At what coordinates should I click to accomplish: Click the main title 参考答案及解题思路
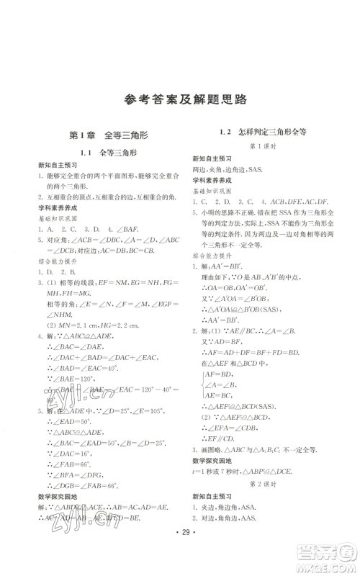coord(179,100)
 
